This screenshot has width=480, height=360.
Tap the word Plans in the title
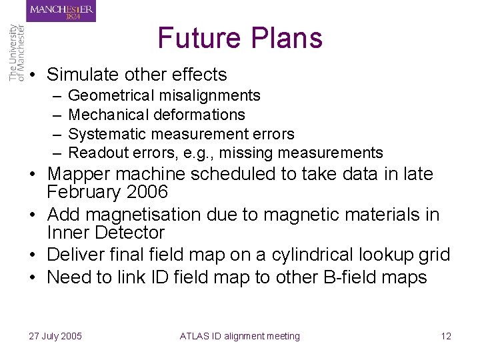tap(285, 38)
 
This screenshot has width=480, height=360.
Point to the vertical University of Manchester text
tap(17, 53)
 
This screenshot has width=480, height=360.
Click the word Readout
tap(96, 153)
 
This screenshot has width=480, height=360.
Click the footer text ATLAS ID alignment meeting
tap(239, 336)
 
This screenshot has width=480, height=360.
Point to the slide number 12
tap(446, 336)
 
